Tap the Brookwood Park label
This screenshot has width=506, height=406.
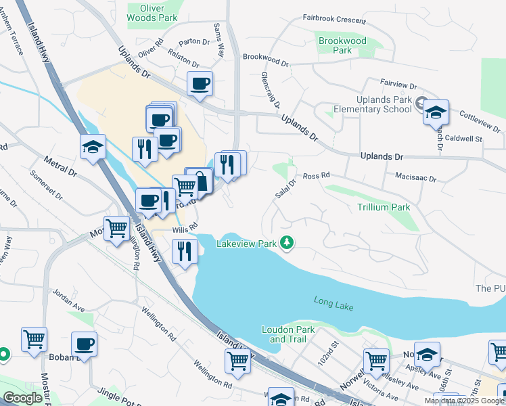point(342,45)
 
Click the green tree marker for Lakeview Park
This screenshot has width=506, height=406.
point(287,242)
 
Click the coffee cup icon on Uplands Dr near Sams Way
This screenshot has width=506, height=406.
point(200,84)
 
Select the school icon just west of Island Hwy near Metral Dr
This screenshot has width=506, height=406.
point(93,147)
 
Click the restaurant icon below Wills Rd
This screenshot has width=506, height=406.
point(184,250)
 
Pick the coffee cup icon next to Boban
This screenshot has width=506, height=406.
point(84,344)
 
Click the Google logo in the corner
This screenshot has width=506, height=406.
point(22,398)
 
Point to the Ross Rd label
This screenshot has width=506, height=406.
point(315,175)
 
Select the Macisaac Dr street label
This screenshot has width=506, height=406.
point(415,179)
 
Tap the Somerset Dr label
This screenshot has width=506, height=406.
point(46,185)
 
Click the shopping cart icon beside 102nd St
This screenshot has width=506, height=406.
point(375,361)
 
